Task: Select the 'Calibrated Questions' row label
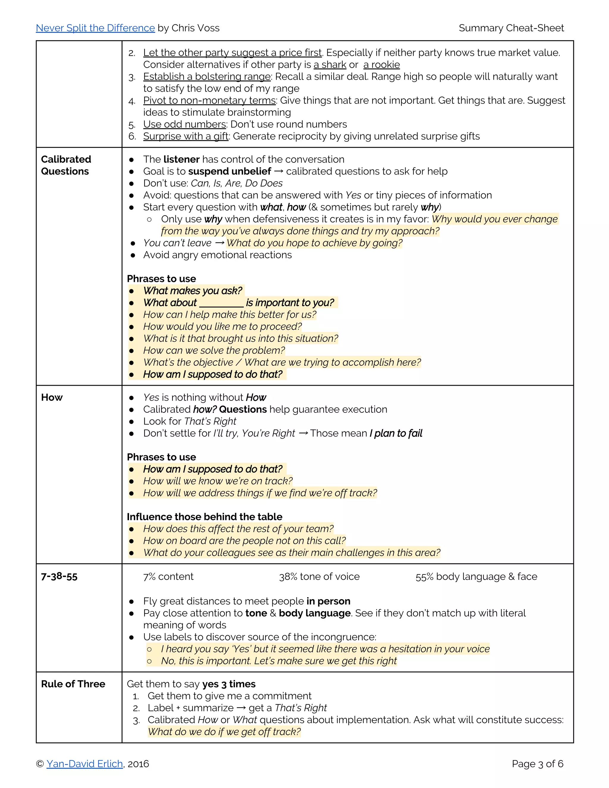(66, 165)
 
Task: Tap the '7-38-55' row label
(59, 576)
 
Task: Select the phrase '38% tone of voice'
(319, 576)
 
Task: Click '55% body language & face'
(476, 576)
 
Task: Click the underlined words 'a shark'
(330, 65)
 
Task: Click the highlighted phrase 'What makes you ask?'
(193, 291)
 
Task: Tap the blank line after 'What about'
(221, 303)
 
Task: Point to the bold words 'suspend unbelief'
(230, 171)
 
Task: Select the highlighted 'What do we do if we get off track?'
(224, 732)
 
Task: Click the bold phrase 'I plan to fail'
(396, 433)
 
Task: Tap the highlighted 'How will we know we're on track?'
(218, 481)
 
